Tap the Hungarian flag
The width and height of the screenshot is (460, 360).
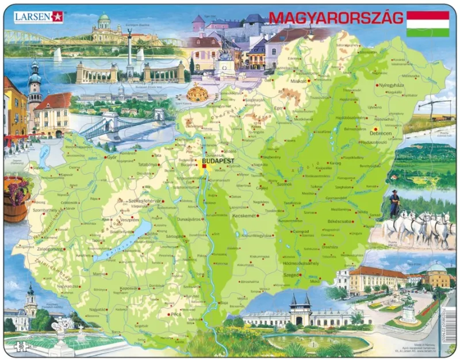(428, 24)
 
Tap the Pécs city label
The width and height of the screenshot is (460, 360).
(176, 315)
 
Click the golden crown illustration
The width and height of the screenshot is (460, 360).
(198, 92)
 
